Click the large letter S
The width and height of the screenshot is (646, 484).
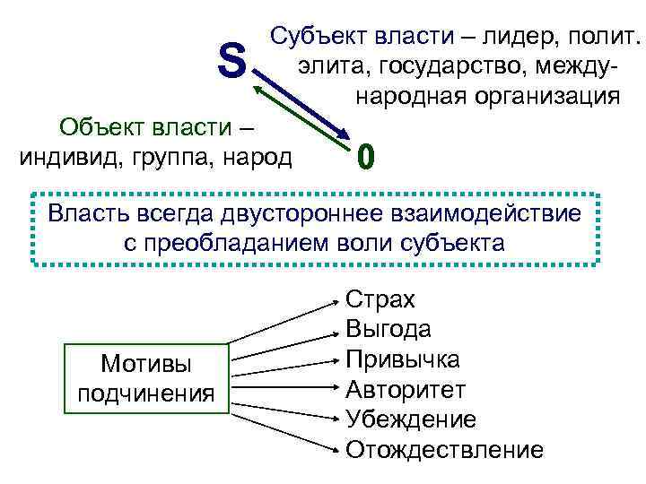click(x=231, y=62)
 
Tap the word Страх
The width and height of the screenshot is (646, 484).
click(x=380, y=299)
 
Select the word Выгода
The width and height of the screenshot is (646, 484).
click(x=388, y=329)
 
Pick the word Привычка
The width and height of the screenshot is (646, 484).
click(x=403, y=359)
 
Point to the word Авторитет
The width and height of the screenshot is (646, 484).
click(x=406, y=389)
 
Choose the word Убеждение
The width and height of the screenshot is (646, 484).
click(x=411, y=419)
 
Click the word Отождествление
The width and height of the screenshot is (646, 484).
click(x=444, y=448)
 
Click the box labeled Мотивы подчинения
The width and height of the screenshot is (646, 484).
click(x=145, y=378)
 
